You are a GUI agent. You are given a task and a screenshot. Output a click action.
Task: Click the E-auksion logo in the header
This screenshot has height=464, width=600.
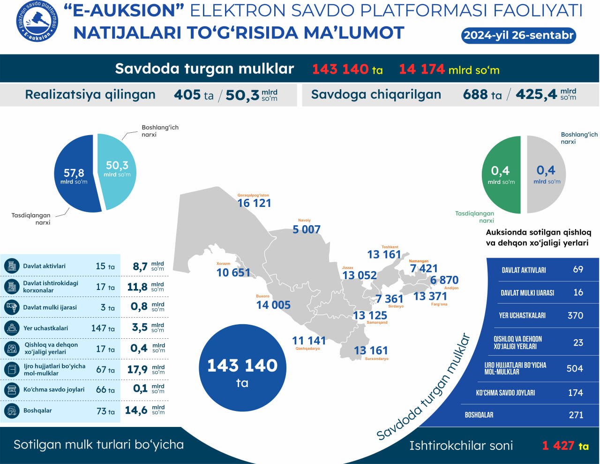click(x=37, y=22)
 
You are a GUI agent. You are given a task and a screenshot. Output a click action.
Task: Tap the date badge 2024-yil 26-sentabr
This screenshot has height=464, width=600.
click(x=518, y=35)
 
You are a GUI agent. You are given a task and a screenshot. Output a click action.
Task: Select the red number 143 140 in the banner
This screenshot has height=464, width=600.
click(x=340, y=69)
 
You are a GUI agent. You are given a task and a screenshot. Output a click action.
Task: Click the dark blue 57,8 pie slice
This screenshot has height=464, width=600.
click(x=75, y=176)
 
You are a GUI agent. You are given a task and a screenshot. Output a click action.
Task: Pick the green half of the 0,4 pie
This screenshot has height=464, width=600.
click(x=501, y=175)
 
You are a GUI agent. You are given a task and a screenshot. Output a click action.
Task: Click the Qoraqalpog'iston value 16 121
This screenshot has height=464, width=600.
click(x=254, y=203)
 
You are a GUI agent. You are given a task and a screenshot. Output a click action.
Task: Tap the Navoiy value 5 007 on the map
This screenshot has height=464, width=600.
click(x=307, y=229)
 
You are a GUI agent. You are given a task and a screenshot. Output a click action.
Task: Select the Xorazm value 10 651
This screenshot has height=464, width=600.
click(x=233, y=273)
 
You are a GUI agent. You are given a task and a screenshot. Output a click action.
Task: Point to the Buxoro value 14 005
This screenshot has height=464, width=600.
click(x=273, y=305)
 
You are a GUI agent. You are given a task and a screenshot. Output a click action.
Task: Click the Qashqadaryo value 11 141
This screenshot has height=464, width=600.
click(x=308, y=341)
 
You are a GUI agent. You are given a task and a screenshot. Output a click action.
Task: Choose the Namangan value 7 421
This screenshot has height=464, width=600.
click(x=424, y=268)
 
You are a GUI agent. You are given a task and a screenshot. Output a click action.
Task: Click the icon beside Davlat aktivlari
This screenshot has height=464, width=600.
click(x=11, y=266)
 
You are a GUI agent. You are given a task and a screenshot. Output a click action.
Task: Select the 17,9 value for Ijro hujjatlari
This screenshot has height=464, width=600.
click(x=137, y=370)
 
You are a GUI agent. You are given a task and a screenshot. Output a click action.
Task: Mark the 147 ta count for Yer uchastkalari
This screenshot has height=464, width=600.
click(x=103, y=328)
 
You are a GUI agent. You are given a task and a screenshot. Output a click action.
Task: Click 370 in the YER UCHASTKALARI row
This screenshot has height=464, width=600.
click(x=575, y=316)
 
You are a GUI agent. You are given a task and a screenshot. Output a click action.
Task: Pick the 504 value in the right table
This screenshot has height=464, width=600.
click(x=575, y=369)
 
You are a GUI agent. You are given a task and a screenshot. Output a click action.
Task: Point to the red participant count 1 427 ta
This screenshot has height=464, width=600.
click(x=565, y=446)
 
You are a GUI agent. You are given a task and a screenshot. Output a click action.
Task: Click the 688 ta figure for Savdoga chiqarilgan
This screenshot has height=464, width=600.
click(x=482, y=95)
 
